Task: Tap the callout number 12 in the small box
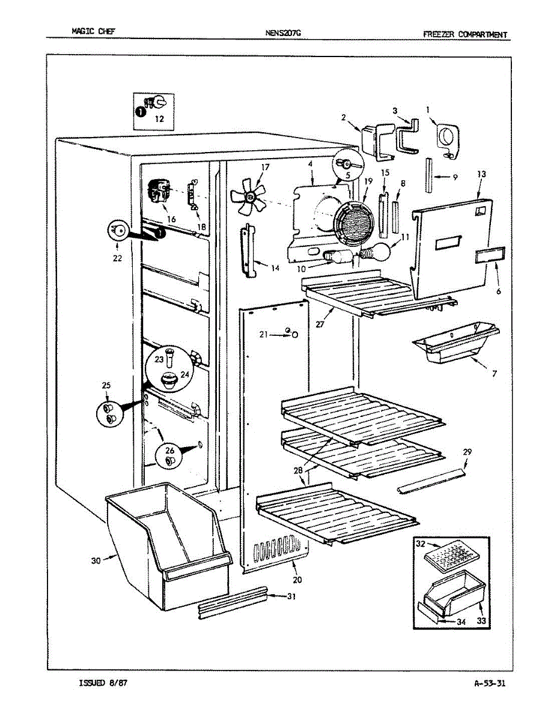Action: click(x=159, y=119)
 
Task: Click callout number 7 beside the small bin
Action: click(x=495, y=374)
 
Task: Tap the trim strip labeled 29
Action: click(x=431, y=480)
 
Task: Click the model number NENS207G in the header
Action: click(x=283, y=34)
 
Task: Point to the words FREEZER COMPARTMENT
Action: click(x=464, y=34)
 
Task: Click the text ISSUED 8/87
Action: click(x=103, y=683)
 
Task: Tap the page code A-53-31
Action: click(x=489, y=683)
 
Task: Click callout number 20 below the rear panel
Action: click(x=297, y=580)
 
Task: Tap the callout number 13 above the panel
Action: click(x=481, y=174)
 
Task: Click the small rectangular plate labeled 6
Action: click(x=488, y=257)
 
